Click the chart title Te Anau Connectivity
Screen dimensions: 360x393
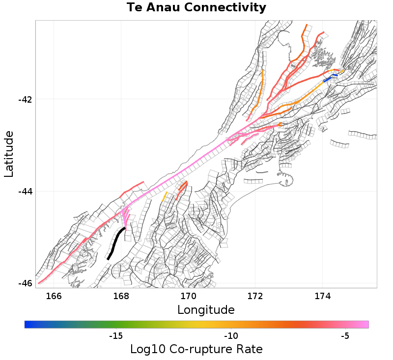(x=196, y=8)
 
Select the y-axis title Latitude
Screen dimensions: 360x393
(x=9, y=154)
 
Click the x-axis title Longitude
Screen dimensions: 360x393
(x=206, y=310)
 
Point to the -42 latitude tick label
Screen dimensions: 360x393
(x=25, y=100)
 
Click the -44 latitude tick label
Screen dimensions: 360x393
(x=25, y=192)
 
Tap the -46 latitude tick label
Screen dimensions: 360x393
(x=25, y=283)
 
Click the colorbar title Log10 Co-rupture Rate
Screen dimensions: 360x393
(x=196, y=349)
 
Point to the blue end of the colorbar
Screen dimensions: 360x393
(x=28, y=324)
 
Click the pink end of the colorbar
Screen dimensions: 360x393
(x=365, y=324)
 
